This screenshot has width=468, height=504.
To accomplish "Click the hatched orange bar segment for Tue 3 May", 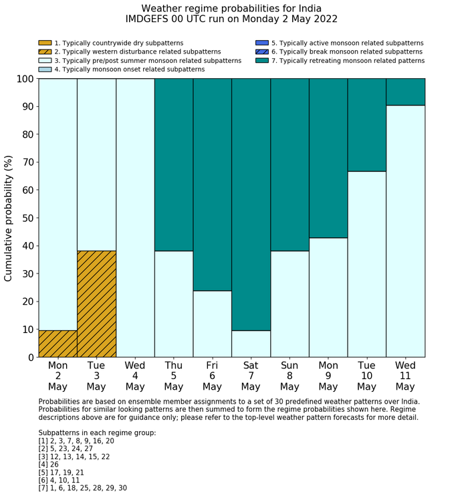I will [x=96, y=304].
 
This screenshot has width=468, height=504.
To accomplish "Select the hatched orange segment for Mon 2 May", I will [x=57, y=344].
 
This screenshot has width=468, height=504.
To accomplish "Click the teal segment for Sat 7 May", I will [x=251, y=205].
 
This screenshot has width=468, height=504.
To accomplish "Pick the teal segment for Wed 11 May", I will [x=405, y=92].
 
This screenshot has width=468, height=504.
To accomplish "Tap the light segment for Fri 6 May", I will [x=212, y=324].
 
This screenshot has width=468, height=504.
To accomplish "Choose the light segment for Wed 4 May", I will [x=135, y=218].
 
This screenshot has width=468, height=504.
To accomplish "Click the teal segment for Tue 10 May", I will [x=366, y=125].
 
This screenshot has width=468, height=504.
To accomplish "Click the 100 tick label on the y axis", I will [x=24, y=79].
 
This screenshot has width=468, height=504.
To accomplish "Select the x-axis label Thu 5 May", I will [x=173, y=376].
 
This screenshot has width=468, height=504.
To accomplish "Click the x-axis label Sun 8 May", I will [x=289, y=376].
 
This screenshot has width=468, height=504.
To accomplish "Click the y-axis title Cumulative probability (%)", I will [x=9, y=218].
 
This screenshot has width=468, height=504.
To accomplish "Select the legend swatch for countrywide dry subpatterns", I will [x=45, y=43].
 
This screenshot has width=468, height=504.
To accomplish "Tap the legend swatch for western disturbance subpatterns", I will [x=45, y=51].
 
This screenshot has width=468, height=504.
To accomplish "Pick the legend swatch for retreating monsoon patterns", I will [x=261, y=60].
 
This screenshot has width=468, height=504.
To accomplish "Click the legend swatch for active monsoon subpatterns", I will [x=261, y=43].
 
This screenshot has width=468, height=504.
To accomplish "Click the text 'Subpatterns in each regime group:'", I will [x=97, y=433].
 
